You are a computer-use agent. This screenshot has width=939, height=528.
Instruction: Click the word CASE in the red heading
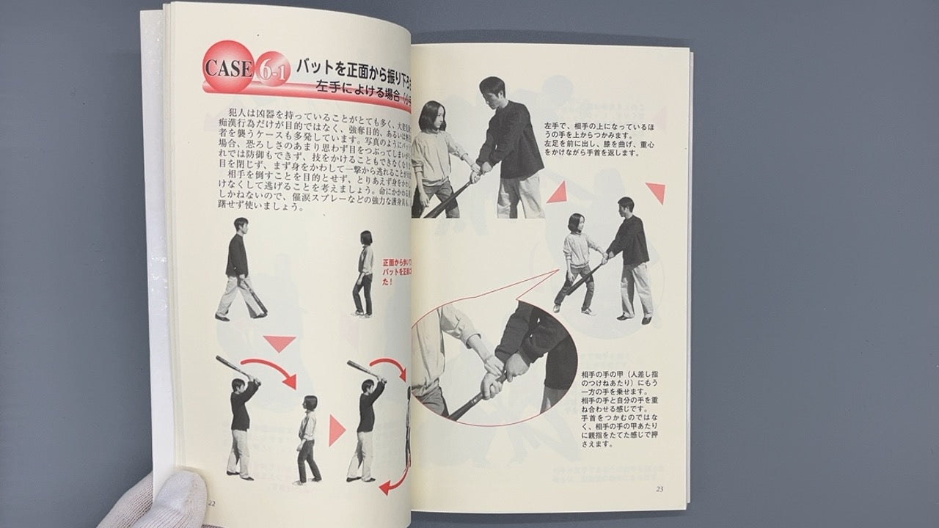tap(228, 68)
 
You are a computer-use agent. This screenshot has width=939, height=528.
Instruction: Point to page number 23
tap(659, 490)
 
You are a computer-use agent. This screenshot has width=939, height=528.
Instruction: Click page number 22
tap(211, 503)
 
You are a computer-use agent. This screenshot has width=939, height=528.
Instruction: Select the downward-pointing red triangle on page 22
tap(279, 342)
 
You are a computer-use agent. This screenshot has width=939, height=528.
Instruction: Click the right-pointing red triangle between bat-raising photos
tap(336, 430)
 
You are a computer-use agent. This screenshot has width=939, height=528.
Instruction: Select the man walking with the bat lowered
tap(239, 268)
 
